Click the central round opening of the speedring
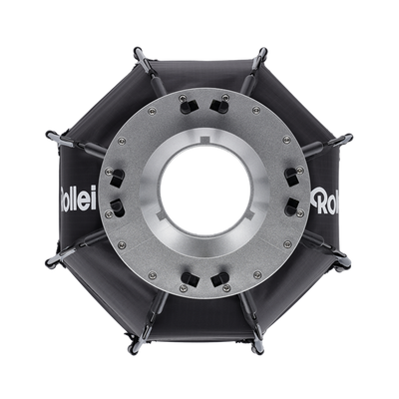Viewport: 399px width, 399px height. pos(199,193)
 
